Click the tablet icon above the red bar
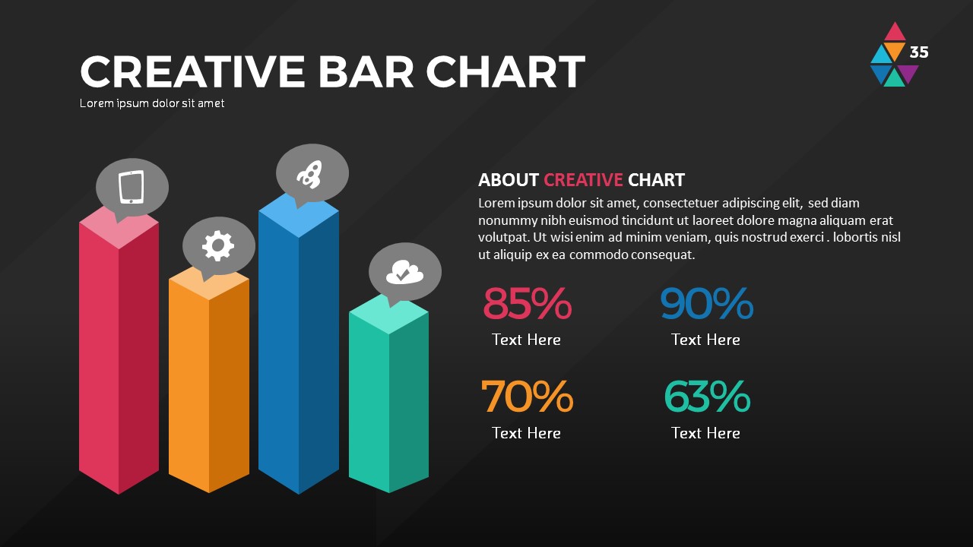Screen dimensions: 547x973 tap(132, 187)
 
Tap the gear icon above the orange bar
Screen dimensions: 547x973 tap(218, 245)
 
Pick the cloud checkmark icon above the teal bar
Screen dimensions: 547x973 tap(404, 271)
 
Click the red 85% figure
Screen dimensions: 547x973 tap(527, 304)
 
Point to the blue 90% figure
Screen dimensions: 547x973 tap(706, 304)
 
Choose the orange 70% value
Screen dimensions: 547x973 tap(527, 397)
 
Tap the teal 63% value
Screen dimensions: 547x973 tap(706, 397)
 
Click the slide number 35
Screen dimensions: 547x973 tap(919, 52)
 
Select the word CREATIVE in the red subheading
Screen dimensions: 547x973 tap(583, 180)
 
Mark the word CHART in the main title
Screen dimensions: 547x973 tap(506, 72)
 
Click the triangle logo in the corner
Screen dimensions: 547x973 tap(894, 55)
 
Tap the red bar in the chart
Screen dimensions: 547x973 tap(119, 357)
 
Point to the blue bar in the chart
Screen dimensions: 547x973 tap(299, 349)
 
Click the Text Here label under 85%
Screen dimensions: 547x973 tap(526, 340)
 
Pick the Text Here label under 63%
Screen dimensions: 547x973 tap(705, 433)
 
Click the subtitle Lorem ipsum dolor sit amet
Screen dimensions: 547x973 tap(152, 103)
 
